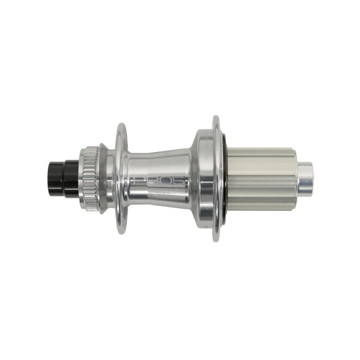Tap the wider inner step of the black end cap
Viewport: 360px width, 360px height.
pyautogui.click(x=68, y=173)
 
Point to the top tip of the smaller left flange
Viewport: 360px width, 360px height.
pyautogui.click(x=121, y=126)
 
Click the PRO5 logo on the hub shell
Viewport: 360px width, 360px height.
pyautogui.click(x=160, y=181)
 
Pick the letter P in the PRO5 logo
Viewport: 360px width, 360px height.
pyautogui.click(x=139, y=181)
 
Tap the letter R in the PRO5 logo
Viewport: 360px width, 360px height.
pyautogui.click(x=153, y=181)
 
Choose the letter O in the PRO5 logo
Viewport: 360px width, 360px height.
pyautogui.click(x=166, y=181)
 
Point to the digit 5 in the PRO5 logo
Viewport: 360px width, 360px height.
pyautogui.click(x=180, y=181)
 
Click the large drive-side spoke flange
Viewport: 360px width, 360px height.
pyautogui.click(x=217, y=178)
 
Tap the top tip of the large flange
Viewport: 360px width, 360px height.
pyautogui.click(x=217, y=118)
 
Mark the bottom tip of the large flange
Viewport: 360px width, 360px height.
pyautogui.click(x=217, y=240)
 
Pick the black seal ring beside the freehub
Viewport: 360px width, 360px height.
pyautogui.click(x=225, y=178)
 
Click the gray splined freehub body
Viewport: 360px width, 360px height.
pyautogui.click(x=262, y=178)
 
